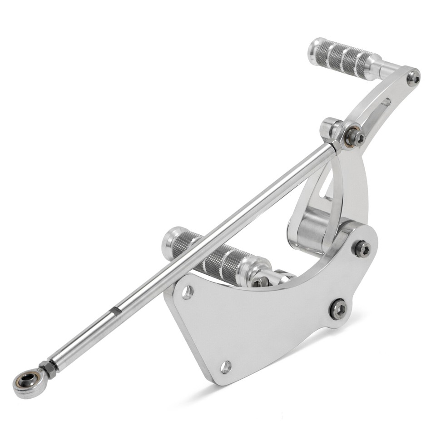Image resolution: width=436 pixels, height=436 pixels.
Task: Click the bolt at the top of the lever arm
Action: [413, 78]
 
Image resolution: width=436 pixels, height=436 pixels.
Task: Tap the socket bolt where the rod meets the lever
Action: [354, 136]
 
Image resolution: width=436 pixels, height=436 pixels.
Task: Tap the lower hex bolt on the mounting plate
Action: [338, 309]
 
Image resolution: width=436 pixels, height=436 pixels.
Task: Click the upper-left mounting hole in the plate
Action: [187, 292]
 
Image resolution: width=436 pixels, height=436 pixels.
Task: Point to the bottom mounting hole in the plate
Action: [225, 367]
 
